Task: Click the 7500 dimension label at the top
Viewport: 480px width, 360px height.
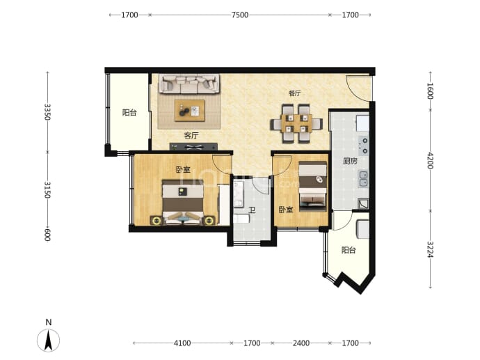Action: (x=240, y=15)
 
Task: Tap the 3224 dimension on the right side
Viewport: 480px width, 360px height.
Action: (x=430, y=249)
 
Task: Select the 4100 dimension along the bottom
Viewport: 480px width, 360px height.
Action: (x=182, y=343)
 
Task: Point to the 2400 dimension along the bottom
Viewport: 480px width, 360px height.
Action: (x=301, y=343)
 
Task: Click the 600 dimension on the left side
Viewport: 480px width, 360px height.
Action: (x=47, y=235)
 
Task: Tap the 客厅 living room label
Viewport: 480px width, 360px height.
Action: (x=191, y=135)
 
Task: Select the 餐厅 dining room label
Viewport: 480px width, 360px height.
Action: (x=294, y=93)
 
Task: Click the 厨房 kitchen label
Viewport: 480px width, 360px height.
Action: (x=350, y=161)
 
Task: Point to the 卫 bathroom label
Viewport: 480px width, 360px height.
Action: (x=252, y=210)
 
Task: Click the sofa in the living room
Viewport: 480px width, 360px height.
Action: (x=189, y=84)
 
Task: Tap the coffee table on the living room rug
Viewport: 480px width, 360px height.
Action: (x=189, y=111)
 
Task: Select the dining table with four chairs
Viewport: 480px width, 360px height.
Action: (x=296, y=123)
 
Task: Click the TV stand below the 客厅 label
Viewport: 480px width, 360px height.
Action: (x=193, y=147)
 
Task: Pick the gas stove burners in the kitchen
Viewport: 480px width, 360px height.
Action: (x=363, y=146)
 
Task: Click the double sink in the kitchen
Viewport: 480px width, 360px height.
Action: (x=363, y=179)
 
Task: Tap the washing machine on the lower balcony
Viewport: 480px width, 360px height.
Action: (x=362, y=229)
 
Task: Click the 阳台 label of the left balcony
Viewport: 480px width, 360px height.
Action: (x=129, y=112)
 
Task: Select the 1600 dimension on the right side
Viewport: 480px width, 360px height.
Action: (x=430, y=91)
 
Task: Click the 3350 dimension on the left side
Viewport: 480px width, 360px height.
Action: (x=47, y=112)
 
